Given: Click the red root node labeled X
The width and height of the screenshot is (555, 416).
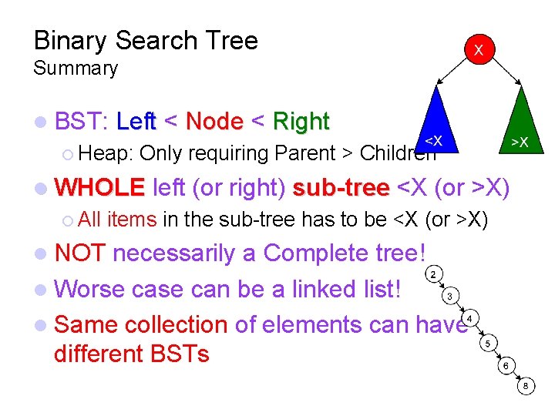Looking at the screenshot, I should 478,49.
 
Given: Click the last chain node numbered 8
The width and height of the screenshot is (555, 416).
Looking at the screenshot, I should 525,387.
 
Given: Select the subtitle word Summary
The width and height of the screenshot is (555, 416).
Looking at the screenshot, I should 76,69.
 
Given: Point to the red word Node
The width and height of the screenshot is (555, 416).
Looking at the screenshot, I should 214,122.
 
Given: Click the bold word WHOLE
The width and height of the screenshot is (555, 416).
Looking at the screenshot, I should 100,187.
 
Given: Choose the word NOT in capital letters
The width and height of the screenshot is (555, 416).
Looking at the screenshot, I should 81,253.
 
